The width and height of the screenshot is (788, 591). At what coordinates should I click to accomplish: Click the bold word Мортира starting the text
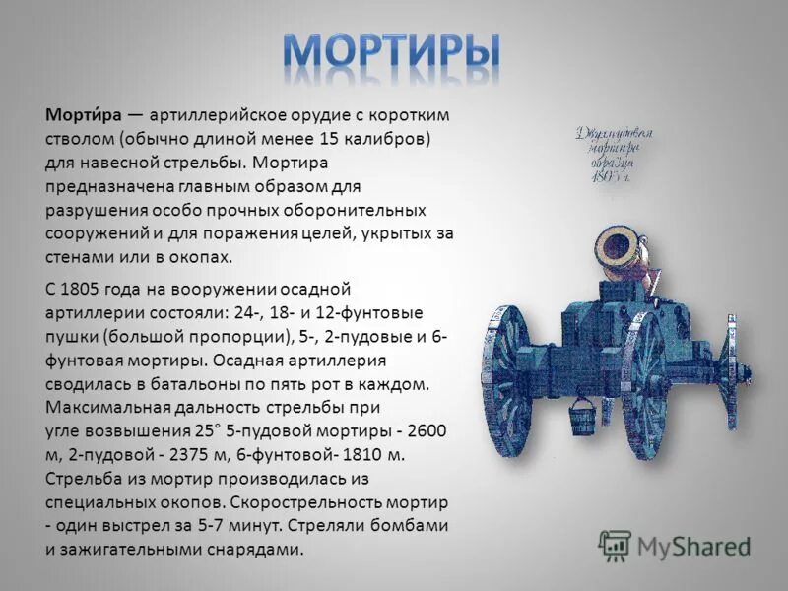81,114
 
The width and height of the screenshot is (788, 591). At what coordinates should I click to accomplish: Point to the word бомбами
405,525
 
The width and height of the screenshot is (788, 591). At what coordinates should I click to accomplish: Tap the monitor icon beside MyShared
615,545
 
